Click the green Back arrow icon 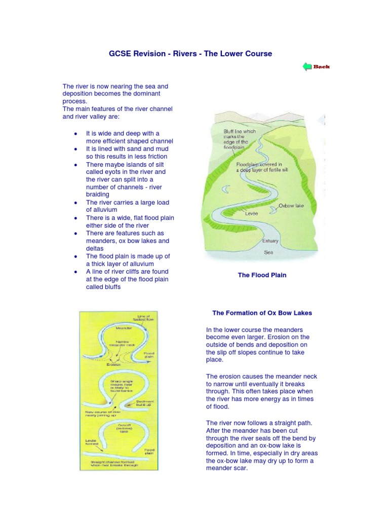point(307,66)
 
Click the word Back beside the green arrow point(321,66)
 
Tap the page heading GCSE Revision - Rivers point(190,53)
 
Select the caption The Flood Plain point(262,275)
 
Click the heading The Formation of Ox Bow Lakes point(262,313)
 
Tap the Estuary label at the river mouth point(270,241)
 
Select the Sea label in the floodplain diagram point(269,251)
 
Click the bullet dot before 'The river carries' point(75,202)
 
